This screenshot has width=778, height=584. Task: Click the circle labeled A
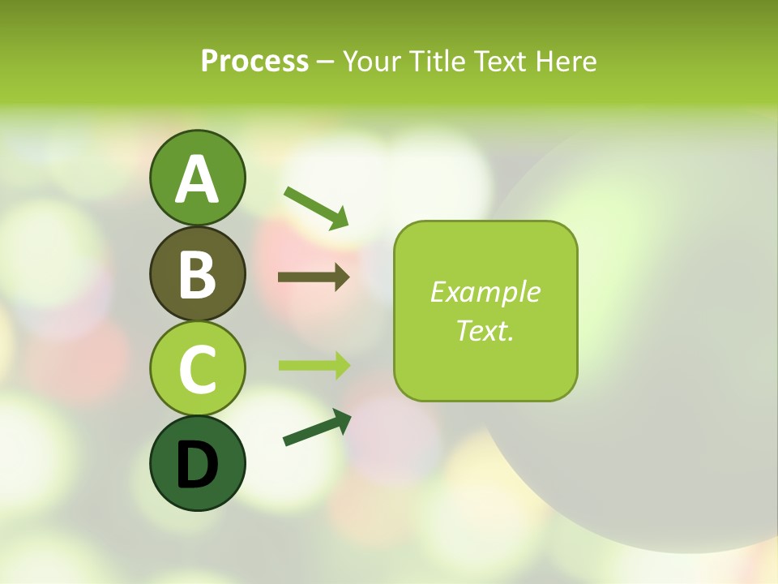(x=197, y=178)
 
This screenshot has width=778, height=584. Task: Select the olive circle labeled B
(x=197, y=273)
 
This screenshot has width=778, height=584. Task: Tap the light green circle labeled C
(x=197, y=368)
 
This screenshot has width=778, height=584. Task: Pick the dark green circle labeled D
(x=197, y=463)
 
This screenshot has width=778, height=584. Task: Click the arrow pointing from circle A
(x=316, y=207)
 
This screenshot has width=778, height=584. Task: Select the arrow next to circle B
(x=314, y=277)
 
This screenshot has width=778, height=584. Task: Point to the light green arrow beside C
(x=314, y=365)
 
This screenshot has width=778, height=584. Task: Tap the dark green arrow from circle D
(x=317, y=427)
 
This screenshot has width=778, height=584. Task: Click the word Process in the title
(x=254, y=61)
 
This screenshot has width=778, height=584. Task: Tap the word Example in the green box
(x=485, y=292)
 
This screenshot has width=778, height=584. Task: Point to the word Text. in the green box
(x=485, y=330)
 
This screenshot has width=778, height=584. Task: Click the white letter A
(x=197, y=179)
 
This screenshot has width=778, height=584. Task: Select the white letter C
(x=197, y=369)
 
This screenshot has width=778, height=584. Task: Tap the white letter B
(x=197, y=274)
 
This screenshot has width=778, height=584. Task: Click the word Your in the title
(x=371, y=61)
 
